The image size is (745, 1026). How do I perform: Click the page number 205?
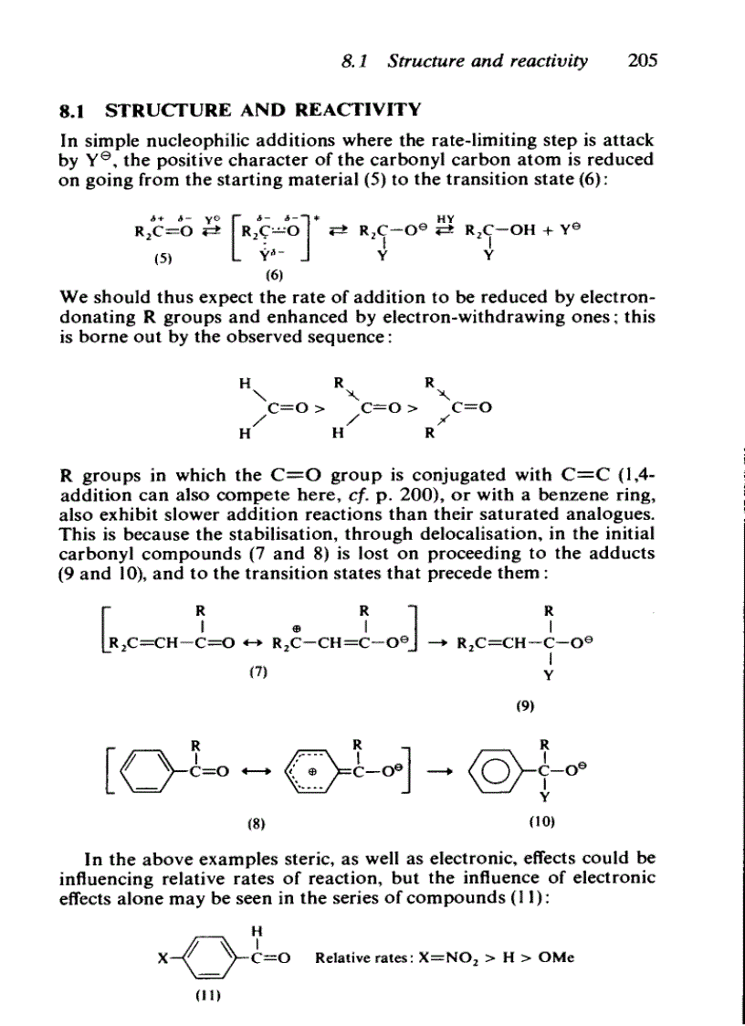(643, 62)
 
